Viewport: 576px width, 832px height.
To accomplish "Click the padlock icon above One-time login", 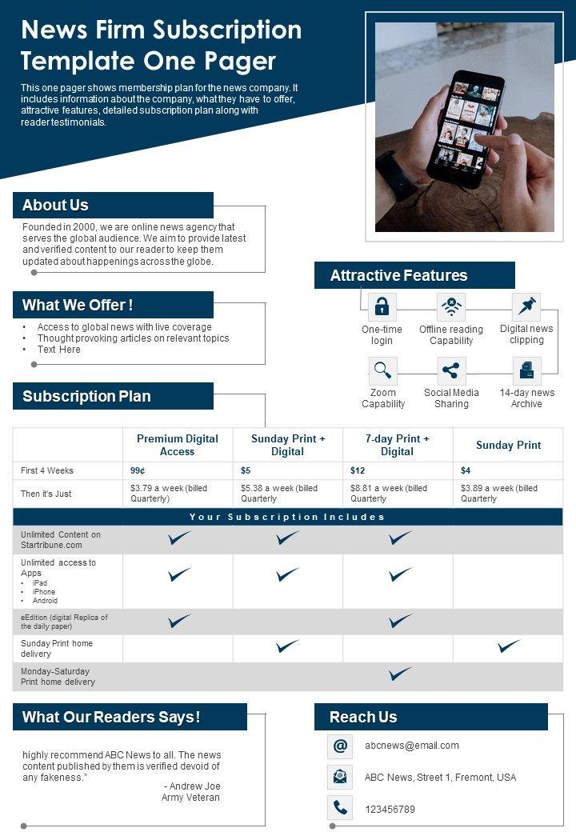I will (x=382, y=306).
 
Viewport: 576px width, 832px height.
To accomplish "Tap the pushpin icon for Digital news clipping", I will (x=526, y=306).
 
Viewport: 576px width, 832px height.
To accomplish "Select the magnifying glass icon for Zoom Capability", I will (x=382, y=370).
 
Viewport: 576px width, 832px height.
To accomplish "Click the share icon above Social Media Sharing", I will (x=451, y=370).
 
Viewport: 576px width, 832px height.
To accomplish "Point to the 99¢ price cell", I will (x=138, y=470).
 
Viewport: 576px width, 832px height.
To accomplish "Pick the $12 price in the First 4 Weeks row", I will (x=358, y=470).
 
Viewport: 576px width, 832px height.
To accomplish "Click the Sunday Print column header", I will (x=508, y=445).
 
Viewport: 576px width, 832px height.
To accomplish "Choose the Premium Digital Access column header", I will (x=178, y=445).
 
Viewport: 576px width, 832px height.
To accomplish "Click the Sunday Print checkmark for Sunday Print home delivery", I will (x=508, y=646).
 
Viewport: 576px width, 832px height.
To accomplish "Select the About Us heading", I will (x=56, y=206).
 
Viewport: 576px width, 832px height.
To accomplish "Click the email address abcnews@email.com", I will (x=412, y=746).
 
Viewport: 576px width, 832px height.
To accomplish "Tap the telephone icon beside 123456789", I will (x=340, y=808).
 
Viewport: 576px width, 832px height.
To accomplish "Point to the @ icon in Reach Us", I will (x=340, y=746).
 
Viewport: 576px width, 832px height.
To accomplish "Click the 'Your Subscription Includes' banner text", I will (x=287, y=517).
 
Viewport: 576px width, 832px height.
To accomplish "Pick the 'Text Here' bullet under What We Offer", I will (x=59, y=350).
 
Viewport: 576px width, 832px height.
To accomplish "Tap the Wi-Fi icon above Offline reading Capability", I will (x=451, y=306).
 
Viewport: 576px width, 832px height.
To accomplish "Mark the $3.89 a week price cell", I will (x=498, y=493).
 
